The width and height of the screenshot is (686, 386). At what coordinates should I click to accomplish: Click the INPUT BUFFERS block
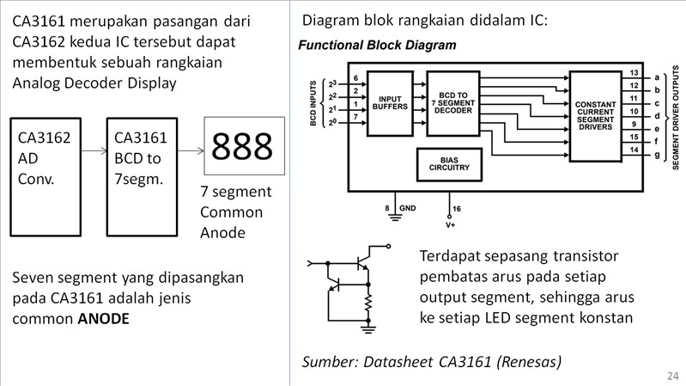[x=390, y=104]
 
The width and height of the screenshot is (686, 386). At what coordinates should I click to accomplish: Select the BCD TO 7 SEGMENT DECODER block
[x=452, y=104]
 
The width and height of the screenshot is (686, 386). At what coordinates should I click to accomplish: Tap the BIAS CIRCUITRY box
[x=450, y=164]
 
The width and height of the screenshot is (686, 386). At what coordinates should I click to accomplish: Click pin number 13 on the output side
[x=634, y=73]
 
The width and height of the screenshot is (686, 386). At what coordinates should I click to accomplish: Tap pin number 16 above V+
[x=456, y=209]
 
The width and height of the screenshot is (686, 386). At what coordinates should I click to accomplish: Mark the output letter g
[x=657, y=155]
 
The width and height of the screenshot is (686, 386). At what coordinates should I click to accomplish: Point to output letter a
[x=657, y=77]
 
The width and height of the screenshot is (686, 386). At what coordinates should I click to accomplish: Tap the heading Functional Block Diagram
[x=377, y=44]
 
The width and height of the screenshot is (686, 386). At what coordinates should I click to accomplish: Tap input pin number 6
[x=355, y=79]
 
